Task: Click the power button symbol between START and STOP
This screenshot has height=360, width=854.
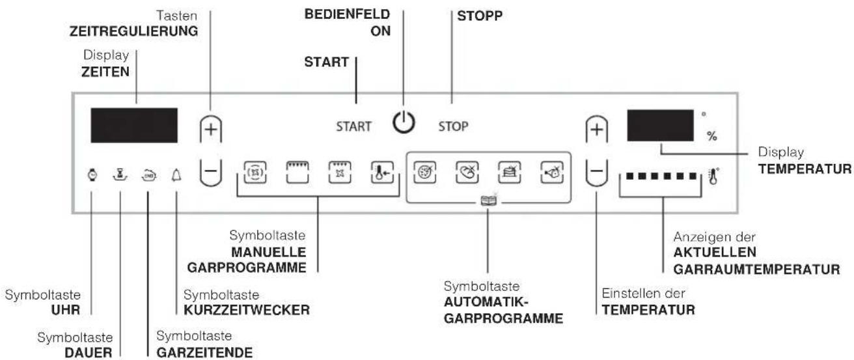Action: [404, 122]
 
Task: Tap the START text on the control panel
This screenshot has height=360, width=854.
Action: [353, 126]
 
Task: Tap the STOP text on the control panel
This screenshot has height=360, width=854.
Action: [453, 126]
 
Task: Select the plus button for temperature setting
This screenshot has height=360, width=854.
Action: [597, 130]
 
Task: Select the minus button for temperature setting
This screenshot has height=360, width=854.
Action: [597, 173]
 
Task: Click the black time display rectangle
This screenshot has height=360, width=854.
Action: [134, 126]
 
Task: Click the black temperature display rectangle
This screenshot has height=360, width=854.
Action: [660, 126]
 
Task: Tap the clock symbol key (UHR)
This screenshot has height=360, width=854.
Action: [92, 174]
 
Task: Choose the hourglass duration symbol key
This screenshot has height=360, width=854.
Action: [120, 174]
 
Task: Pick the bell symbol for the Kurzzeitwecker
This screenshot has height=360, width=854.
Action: [176, 175]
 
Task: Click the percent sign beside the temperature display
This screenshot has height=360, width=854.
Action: [712, 136]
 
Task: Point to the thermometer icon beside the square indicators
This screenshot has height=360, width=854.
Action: [713, 176]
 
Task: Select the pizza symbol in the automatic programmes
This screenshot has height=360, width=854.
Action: [424, 173]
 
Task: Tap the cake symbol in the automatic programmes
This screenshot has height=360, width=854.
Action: [510, 173]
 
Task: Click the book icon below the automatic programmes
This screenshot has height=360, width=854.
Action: [489, 201]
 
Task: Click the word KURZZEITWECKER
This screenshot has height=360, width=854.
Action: [247, 310]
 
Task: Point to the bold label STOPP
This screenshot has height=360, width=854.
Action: [480, 16]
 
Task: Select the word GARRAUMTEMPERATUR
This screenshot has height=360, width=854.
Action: [756, 270]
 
